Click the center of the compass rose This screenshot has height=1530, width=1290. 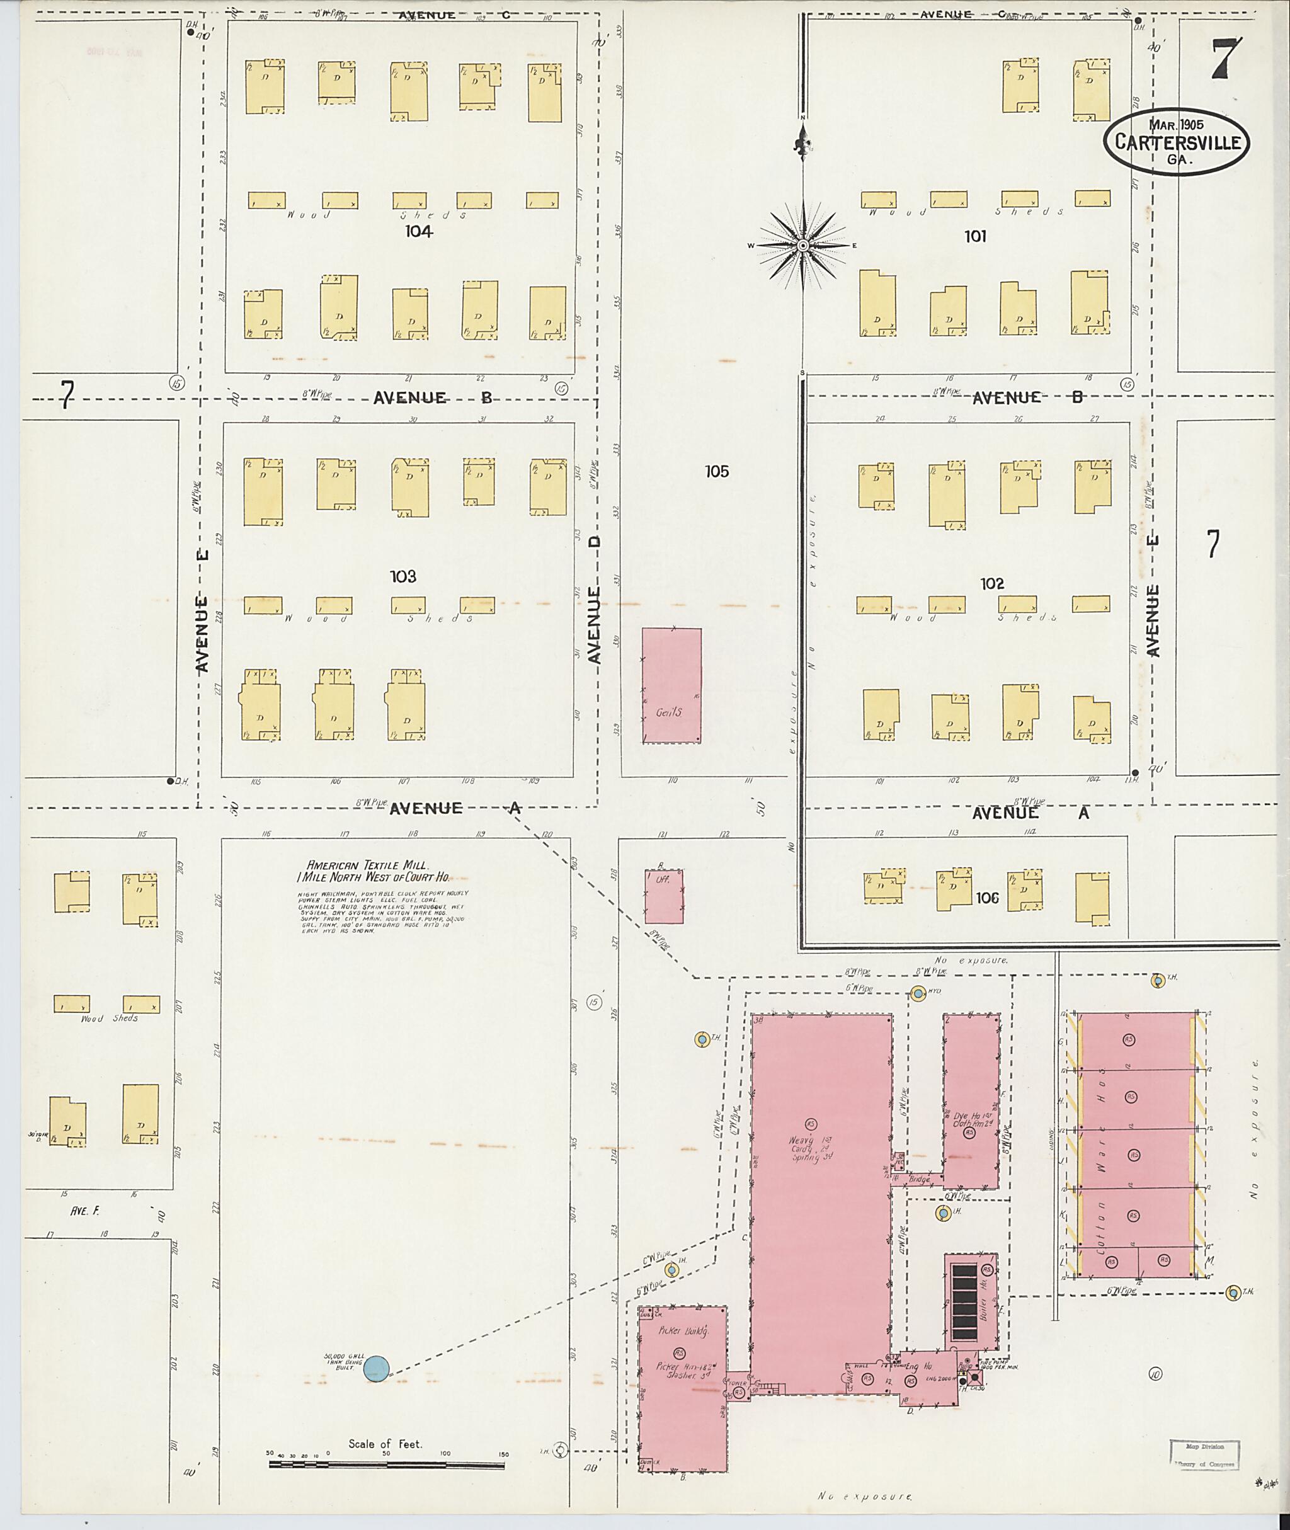[802, 246]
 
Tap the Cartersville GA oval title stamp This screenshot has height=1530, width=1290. [1177, 142]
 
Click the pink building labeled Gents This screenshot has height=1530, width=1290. [671, 685]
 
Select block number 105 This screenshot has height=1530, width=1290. [717, 472]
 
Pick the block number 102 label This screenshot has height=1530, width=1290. [992, 584]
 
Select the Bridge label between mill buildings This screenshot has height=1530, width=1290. [918, 1180]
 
